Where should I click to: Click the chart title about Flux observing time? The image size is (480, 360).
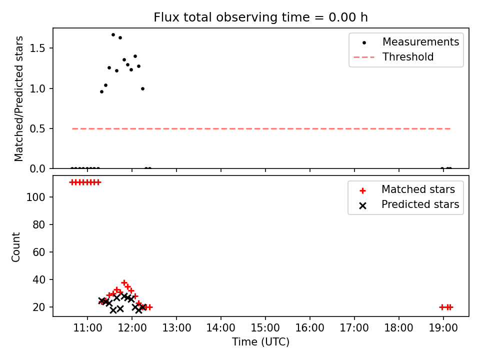260,17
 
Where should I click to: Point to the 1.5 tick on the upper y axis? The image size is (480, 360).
37,48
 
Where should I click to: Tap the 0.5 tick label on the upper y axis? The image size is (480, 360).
37,129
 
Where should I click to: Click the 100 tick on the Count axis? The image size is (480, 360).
36,197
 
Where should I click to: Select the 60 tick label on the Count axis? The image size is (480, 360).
39,252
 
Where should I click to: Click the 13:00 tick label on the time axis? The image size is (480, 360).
176,328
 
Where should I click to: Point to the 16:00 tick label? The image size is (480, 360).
310,328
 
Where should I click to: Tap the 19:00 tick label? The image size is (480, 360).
443,328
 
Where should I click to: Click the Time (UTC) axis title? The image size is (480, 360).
260,341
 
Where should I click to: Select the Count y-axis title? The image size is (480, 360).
15,247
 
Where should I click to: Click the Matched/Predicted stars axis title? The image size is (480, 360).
18,98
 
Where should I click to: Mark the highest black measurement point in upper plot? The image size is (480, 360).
113,35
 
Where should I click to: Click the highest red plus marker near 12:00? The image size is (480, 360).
124,282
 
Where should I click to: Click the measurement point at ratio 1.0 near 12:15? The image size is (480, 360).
142,89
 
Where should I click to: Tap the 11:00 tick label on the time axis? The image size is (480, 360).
87,328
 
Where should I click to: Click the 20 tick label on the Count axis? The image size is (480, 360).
39,307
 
